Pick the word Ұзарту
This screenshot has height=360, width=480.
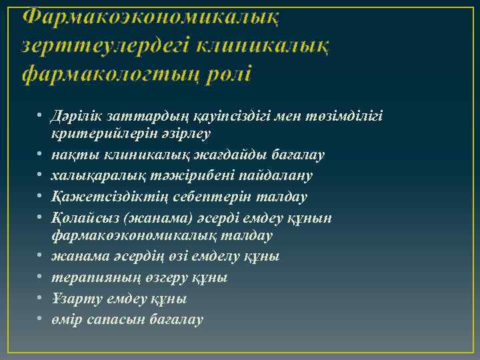pos(74,298)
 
